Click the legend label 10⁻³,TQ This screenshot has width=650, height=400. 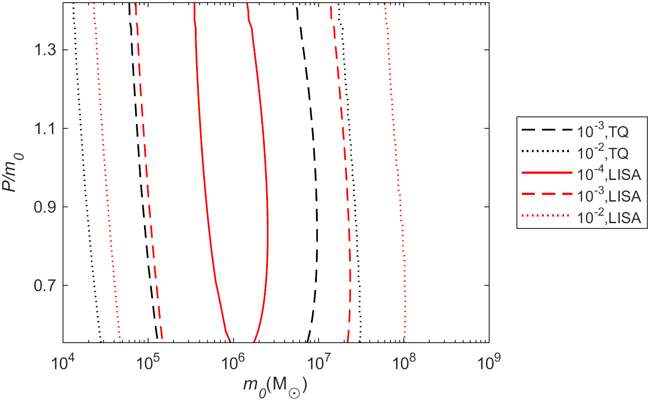click(602, 131)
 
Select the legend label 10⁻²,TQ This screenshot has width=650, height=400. click(602, 153)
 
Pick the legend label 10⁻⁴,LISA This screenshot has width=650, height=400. click(609, 175)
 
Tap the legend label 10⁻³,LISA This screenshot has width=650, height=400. click(609, 196)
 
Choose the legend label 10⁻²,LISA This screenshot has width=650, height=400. click(609, 217)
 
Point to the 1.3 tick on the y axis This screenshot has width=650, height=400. click(45, 50)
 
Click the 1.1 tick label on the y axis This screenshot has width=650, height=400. click(45, 129)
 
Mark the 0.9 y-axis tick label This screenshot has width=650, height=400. click(45, 207)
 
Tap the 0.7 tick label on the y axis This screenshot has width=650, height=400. click(45, 285)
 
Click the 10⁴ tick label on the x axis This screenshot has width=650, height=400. click(63, 363)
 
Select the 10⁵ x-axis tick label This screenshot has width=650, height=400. click(148, 363)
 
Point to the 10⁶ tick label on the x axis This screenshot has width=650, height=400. click(233, 363)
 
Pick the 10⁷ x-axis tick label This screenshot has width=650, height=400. click(319, 363)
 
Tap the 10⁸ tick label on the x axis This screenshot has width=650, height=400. click(404, 363)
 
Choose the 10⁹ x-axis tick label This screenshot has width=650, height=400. click(489, 363)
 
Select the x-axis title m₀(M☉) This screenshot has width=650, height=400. click(275, 386)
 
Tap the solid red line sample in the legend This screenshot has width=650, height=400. click(546, 174)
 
